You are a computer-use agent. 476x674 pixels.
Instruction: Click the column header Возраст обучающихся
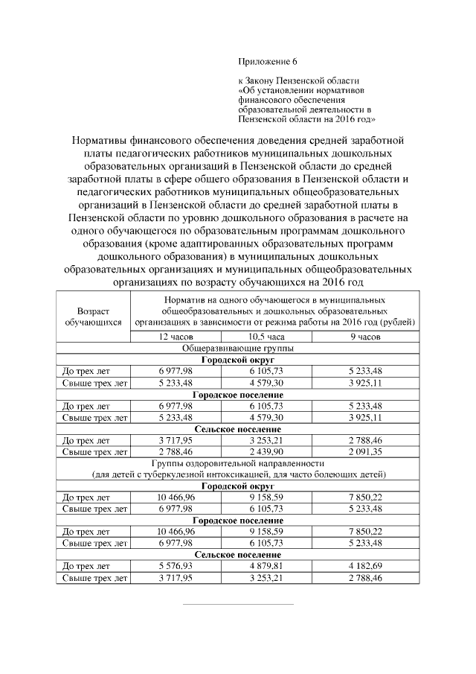93,316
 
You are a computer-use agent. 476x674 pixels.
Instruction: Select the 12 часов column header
176,337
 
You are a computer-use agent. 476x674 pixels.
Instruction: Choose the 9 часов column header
364,337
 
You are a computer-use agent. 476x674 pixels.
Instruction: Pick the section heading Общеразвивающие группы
238,348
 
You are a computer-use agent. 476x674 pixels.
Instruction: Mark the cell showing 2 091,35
364,451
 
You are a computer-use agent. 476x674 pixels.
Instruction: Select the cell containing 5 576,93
176,566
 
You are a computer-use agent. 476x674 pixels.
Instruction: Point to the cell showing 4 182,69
364,566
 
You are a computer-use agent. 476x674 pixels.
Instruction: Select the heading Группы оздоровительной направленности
238,463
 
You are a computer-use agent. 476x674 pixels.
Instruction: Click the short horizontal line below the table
238,603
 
